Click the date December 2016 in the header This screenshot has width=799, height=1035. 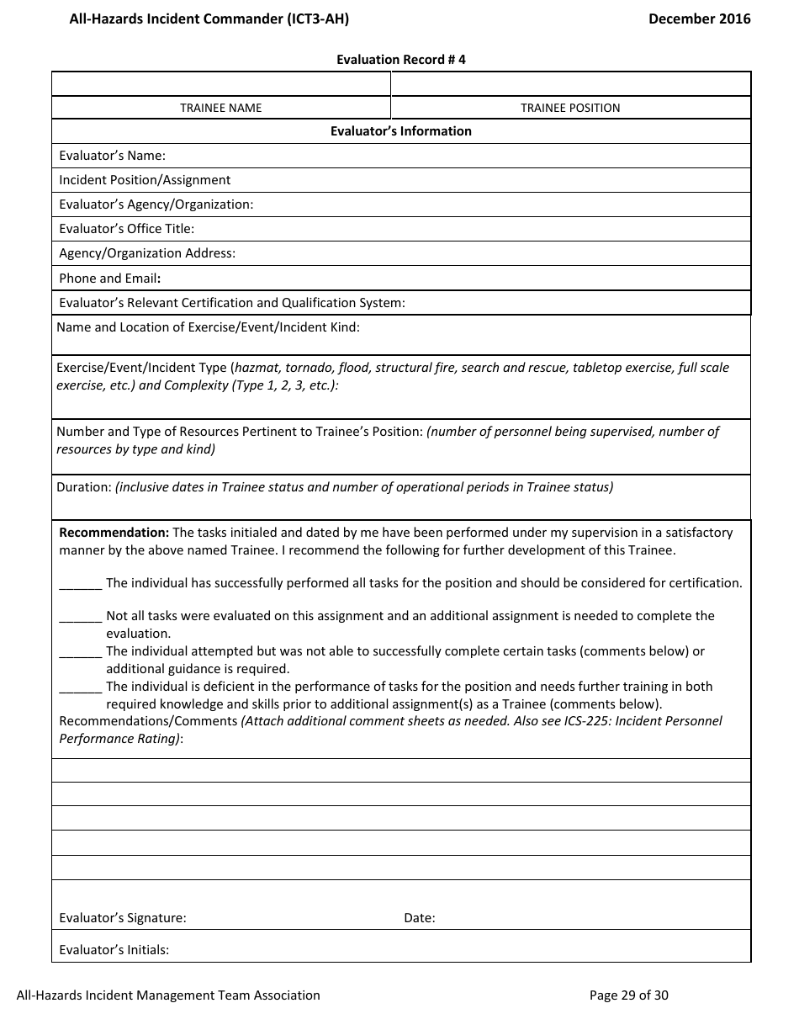pos(699,19)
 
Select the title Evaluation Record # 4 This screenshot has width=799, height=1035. pos(401,59)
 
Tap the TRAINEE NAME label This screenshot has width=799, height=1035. pos(221,108)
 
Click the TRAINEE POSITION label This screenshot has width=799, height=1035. pos(570,108)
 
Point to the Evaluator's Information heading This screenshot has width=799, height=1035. pos(401,131)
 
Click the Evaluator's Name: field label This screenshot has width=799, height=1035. pos(112,156)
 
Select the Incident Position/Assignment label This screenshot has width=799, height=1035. pos(145,180)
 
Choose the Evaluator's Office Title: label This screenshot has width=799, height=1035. pos(126,229)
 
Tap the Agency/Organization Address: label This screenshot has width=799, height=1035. pos(147,253)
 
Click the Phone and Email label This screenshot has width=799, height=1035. pos(109,278)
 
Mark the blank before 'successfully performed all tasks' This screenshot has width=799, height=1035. pos(81,584)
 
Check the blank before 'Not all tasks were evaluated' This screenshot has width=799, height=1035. pos(81,617)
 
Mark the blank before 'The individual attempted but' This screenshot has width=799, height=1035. pos(81,652)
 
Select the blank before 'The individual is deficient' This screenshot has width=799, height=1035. pos(81,687)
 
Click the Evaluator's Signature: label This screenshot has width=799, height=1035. pos(123,918)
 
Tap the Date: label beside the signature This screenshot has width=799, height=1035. pos(420,918)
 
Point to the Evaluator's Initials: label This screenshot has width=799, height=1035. pos(114,950)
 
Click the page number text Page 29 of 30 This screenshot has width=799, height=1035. pos(629,995)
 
